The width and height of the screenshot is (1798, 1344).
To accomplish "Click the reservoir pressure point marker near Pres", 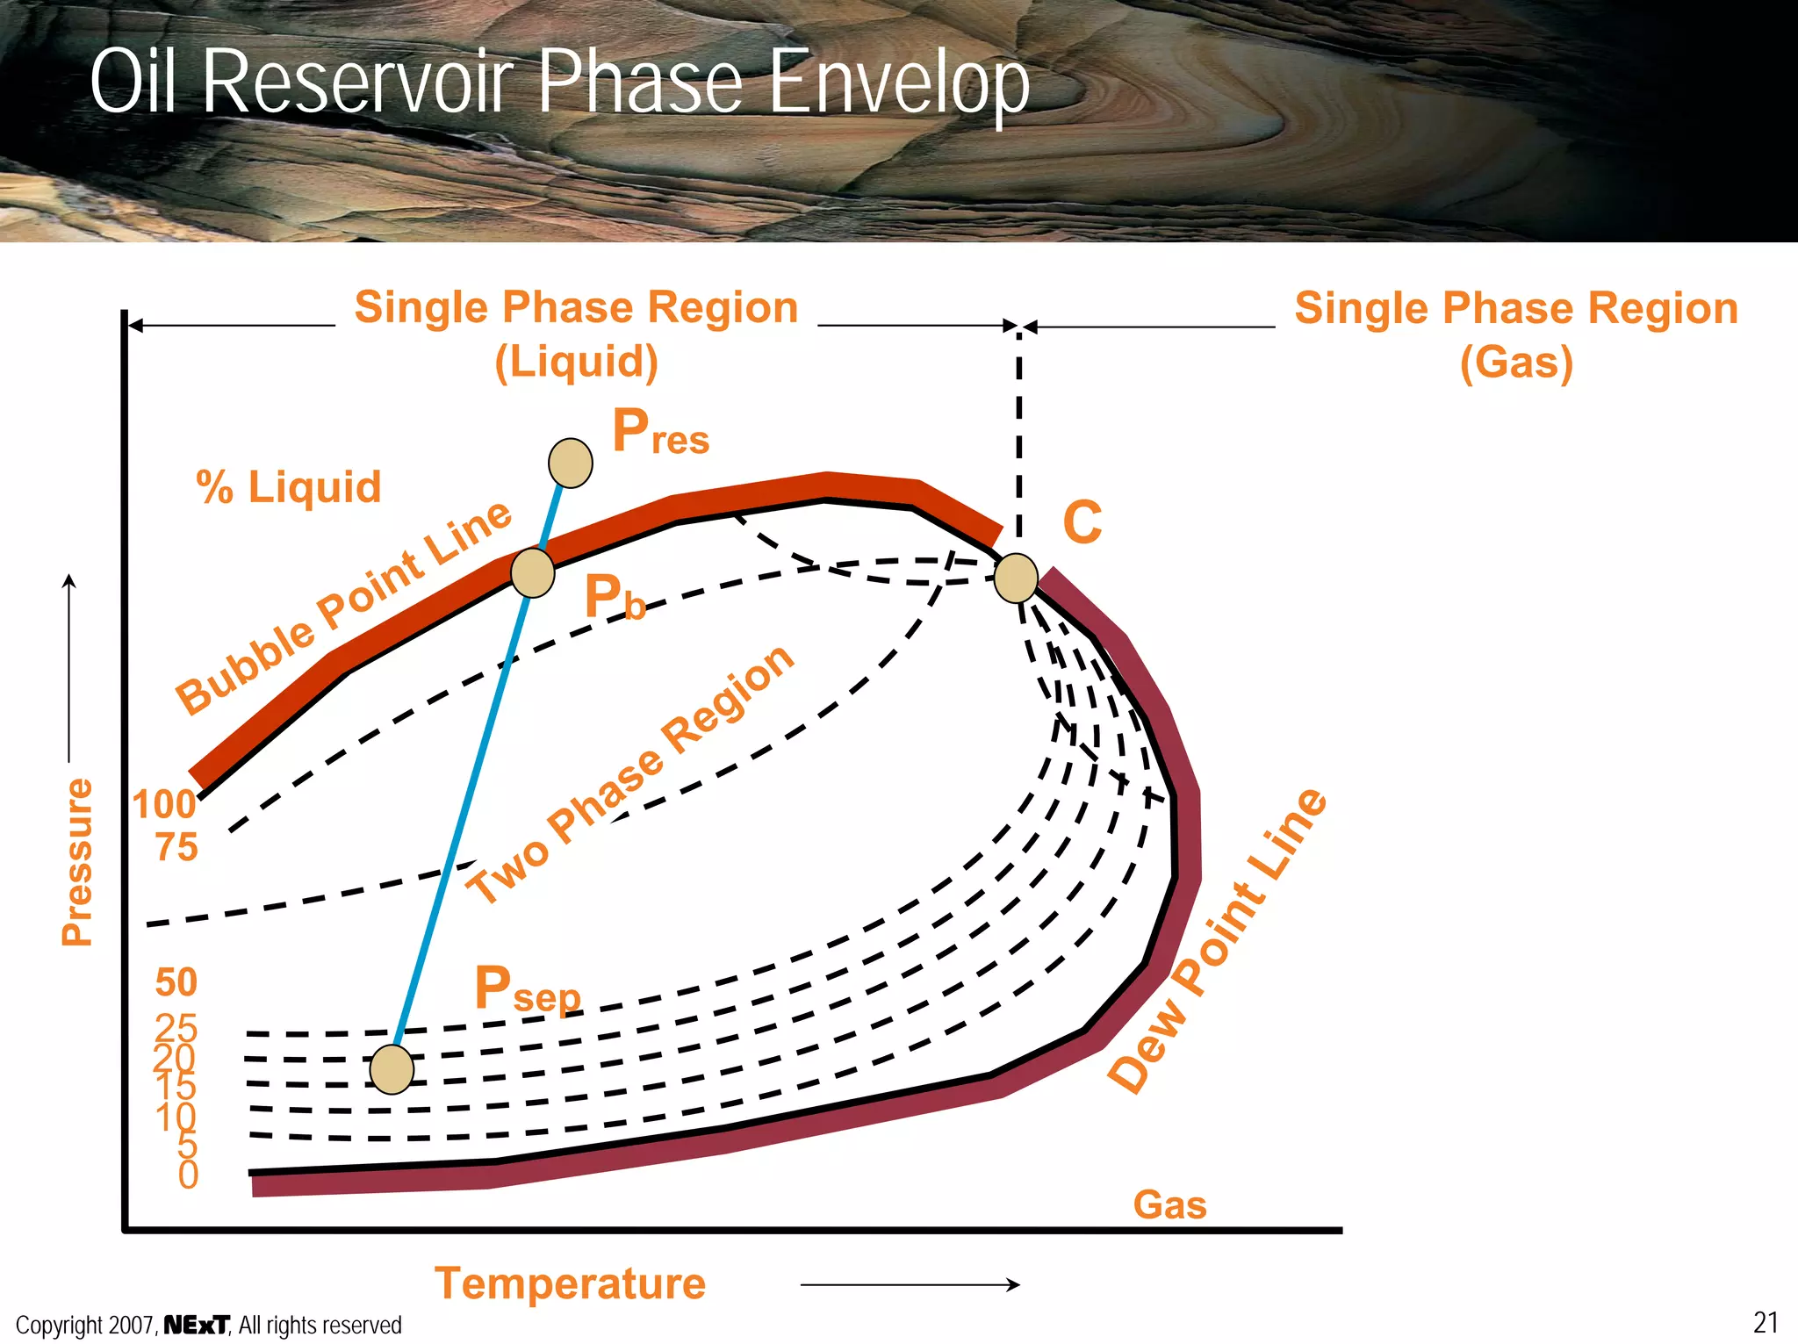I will tap(571, 463).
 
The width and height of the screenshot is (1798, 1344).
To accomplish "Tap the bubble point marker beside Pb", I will tap(533, 573).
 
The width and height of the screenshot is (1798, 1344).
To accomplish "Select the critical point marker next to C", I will tap(1017, 578).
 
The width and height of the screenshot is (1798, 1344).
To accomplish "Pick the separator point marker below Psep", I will tap(392, 1070).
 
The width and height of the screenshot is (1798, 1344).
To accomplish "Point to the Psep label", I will tap(527, 989).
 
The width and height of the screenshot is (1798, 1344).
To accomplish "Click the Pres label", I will tap(660, 432).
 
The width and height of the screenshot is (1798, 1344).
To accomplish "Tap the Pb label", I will tap(615, 598).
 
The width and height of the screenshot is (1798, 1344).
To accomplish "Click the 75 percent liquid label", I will tap(176, 847).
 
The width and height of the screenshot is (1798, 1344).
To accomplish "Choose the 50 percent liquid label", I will tap(176, 982).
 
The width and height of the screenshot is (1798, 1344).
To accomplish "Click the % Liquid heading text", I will tap(289, 487).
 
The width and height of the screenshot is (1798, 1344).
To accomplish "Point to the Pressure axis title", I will tap(77, 861).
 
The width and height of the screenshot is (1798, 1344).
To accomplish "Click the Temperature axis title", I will tap(570, 1283).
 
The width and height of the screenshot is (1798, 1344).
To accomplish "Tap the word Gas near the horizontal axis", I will tap(1169, 1204).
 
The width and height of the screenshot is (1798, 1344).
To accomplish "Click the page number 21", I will tap(1766, 1322).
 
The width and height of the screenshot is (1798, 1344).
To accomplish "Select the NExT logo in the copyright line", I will tap(197, 1325).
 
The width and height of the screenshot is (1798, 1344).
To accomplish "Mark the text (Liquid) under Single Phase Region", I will tap(576, 362).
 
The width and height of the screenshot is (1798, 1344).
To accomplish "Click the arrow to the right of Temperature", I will tap(910, 1284).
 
